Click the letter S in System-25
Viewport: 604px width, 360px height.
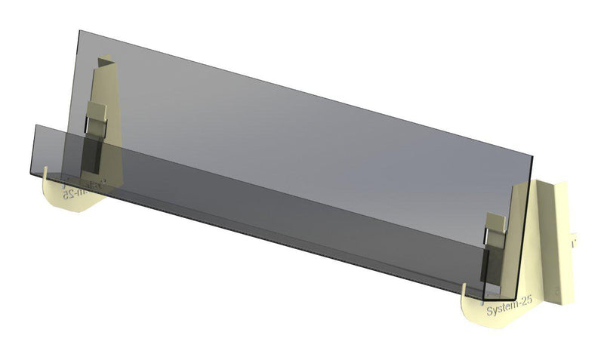pyautogui.click(x=490, y=310)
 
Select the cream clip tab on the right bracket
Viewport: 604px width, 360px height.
pyautogui.click(x=495, y=224)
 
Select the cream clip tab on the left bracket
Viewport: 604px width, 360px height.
pyautogui.click(x=98, y=113)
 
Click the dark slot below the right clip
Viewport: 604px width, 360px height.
pyautogui.click(x=492, y=257)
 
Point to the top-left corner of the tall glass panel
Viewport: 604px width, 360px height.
pyautogui.click(x=79, y=32)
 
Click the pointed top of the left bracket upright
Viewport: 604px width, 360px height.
pyautogui.click(x=106, y=55)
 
